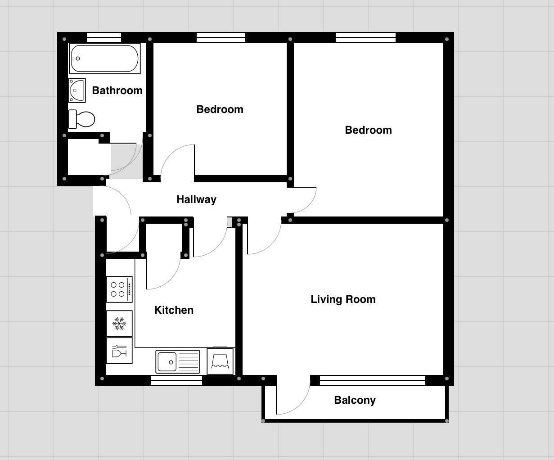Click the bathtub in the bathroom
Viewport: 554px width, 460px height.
[x=104, y=59]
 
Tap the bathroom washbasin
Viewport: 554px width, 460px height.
[x=77, y=90]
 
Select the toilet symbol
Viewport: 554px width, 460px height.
[x=82, y=119]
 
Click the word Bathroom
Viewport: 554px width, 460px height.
[x=117, y=90]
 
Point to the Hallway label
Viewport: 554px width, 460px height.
[x=196, y=199]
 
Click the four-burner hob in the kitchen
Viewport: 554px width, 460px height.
[x=119, y=289]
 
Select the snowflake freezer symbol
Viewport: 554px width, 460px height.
[x=119, y=323]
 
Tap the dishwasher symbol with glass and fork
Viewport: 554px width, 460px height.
[x=119, y=351]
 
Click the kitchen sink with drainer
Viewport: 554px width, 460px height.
[x=178, y=362]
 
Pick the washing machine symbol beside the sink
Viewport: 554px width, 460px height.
[x=220, y=361]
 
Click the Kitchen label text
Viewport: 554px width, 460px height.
[x=174, y=310]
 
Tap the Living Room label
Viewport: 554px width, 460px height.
[x=343, y=299]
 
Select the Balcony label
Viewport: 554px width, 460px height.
[x=355, y=400]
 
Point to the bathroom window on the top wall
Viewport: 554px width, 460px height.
[x=104, y=37]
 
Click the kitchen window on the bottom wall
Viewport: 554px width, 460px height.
[x=176, y=381]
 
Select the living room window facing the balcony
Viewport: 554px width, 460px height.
[x=372, y=380]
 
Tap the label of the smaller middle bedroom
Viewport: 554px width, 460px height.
[x=220, y=109]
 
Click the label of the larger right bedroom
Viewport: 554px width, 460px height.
[x=368, y=130]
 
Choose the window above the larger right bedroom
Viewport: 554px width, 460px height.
[x=365, y=37]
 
